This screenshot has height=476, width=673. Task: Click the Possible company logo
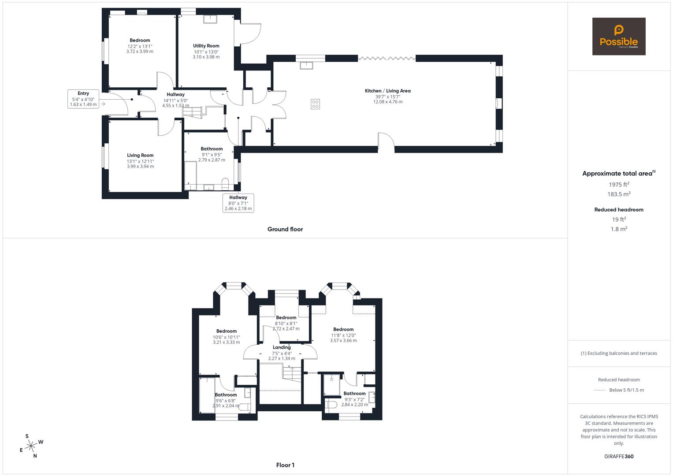[618, 37]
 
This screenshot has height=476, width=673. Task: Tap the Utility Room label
[206, 46]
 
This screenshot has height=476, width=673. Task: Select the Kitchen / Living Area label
[387, 91]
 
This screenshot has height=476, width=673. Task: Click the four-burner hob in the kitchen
[315, 104]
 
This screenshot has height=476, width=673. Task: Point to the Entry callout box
[83, 99]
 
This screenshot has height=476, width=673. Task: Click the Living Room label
[140, 155]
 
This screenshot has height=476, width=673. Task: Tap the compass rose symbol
[31, 446]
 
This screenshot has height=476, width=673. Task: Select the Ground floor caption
[285, 229]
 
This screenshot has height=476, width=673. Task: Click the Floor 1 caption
[285, 465]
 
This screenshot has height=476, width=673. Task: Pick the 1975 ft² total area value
[619, 185]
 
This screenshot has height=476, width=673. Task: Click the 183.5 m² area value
[619, 194]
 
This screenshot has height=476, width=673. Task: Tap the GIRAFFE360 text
[619, 456]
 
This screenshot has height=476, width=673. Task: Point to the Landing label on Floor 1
[282, 347]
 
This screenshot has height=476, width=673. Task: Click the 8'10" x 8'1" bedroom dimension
[286, 323]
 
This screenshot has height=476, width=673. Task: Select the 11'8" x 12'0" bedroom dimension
[343, 335]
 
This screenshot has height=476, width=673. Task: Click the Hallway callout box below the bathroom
[238, 203]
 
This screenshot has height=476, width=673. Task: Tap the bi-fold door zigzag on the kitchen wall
[387, 58]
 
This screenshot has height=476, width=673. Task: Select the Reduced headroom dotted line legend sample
[600, 390]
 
